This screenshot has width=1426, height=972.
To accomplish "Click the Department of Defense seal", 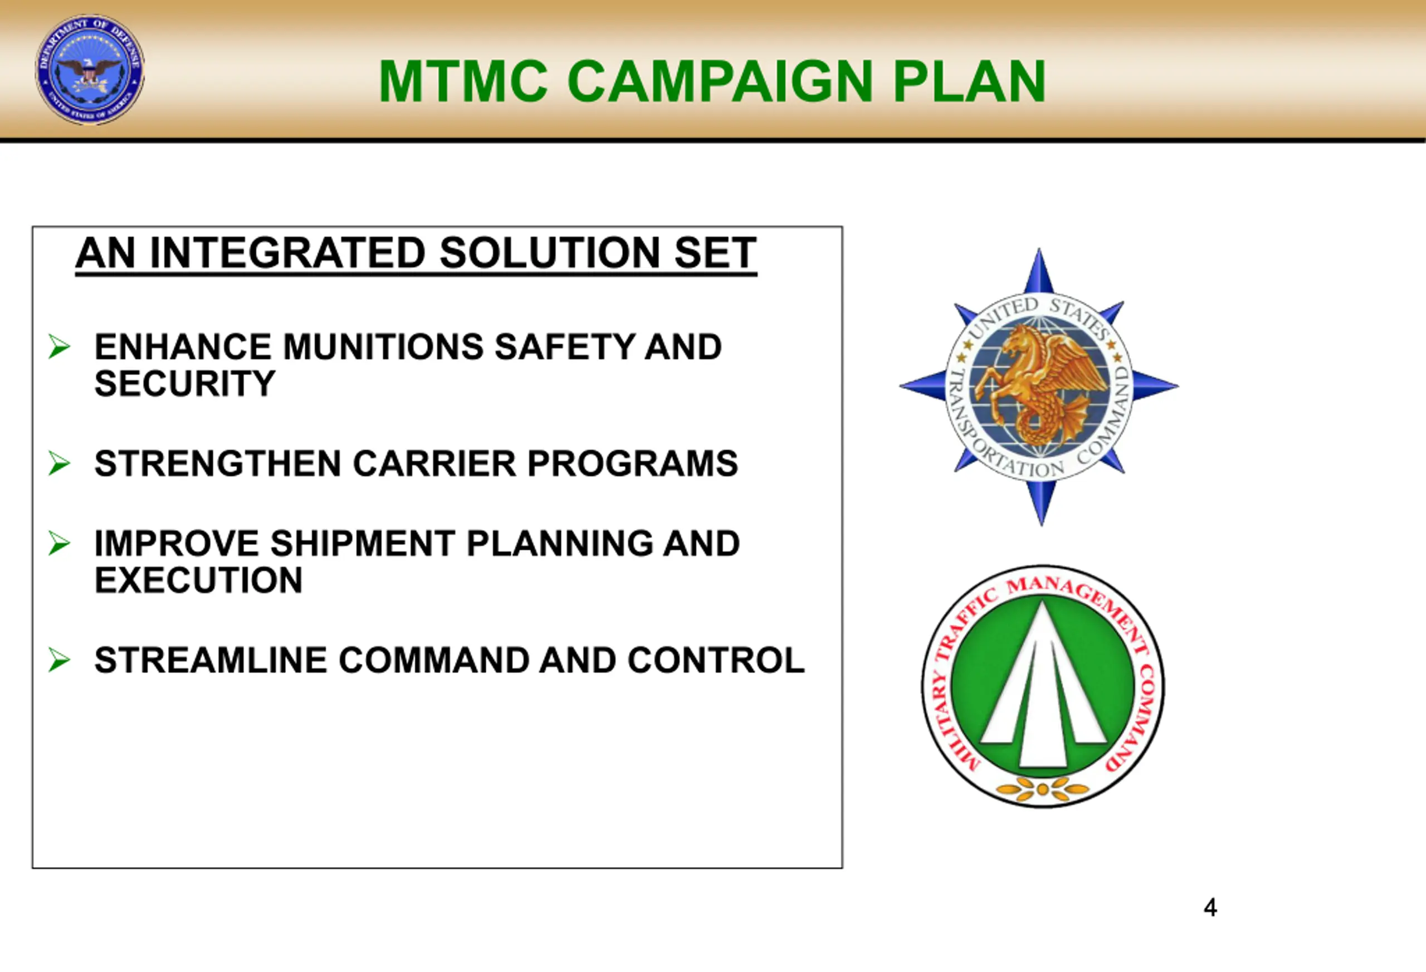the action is [90, 70].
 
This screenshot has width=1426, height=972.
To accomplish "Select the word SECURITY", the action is [185, 384].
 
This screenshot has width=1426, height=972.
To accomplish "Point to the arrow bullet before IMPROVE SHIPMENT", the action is [59, 544].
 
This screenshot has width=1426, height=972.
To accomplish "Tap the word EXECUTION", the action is [198, 580].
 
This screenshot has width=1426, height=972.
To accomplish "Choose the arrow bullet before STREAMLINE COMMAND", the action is [59, 660].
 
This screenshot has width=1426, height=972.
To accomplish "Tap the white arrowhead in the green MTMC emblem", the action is [1043, 687].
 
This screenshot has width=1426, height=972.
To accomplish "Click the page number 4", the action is [1210, 907].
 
